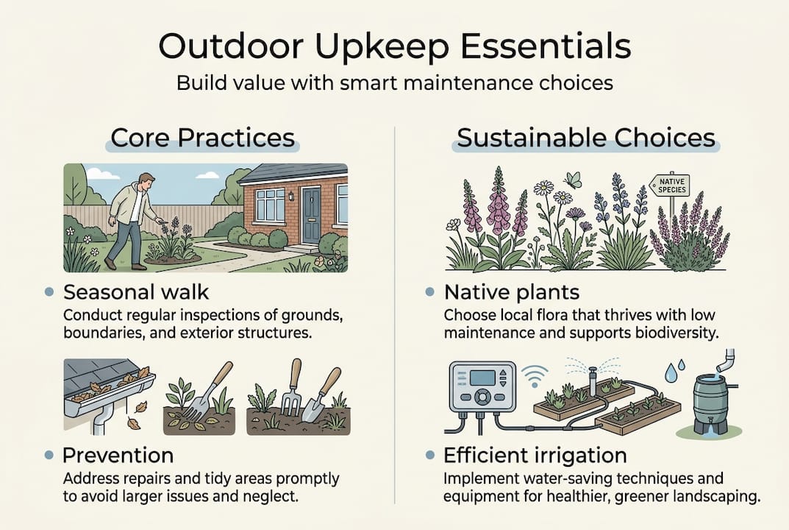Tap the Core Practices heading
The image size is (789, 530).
pyautogui.click(x=202, y=138)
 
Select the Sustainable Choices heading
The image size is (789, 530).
pyautogui.click(x=585, y=138)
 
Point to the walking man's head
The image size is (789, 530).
pyautogui.click(x=146, y=181)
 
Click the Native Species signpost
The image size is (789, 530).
pyautogui.click(x=670, y=185)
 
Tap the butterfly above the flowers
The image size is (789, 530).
pyautogui.click(x=573, y=180)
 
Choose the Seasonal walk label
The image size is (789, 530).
pyautogui.click(x=136, y=292)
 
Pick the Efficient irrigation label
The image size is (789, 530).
pyautogui.click(x=535, y=454)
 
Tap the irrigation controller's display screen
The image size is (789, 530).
pyautogui.click(x=483, y=378)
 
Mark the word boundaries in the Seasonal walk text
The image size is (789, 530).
pyautogui.click(x=99, y=333)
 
